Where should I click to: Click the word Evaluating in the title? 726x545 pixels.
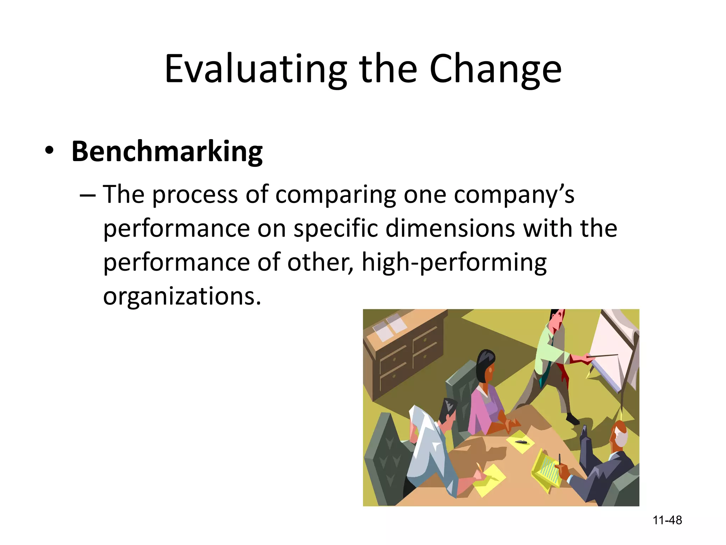(x=256, y=69)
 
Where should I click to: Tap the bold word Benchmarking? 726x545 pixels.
(x=167, y=152)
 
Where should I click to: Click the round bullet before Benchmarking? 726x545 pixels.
(x=49, y=150)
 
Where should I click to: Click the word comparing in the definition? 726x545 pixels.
(x=335, y=195)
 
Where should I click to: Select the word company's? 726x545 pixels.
(x=514, y=195)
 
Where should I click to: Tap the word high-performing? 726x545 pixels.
(x=454, y=263)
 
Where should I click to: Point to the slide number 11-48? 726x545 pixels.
(x=667, y=520)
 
